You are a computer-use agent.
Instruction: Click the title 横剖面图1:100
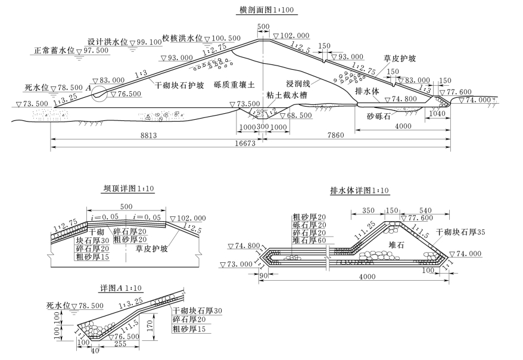coord(260,10)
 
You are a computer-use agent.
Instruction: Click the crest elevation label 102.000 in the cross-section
coord(294,35)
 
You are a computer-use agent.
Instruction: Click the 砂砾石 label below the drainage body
coord(379,117)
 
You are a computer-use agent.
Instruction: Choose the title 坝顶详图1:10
coord(129,189)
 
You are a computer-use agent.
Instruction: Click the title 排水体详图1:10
coord(359,191)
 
